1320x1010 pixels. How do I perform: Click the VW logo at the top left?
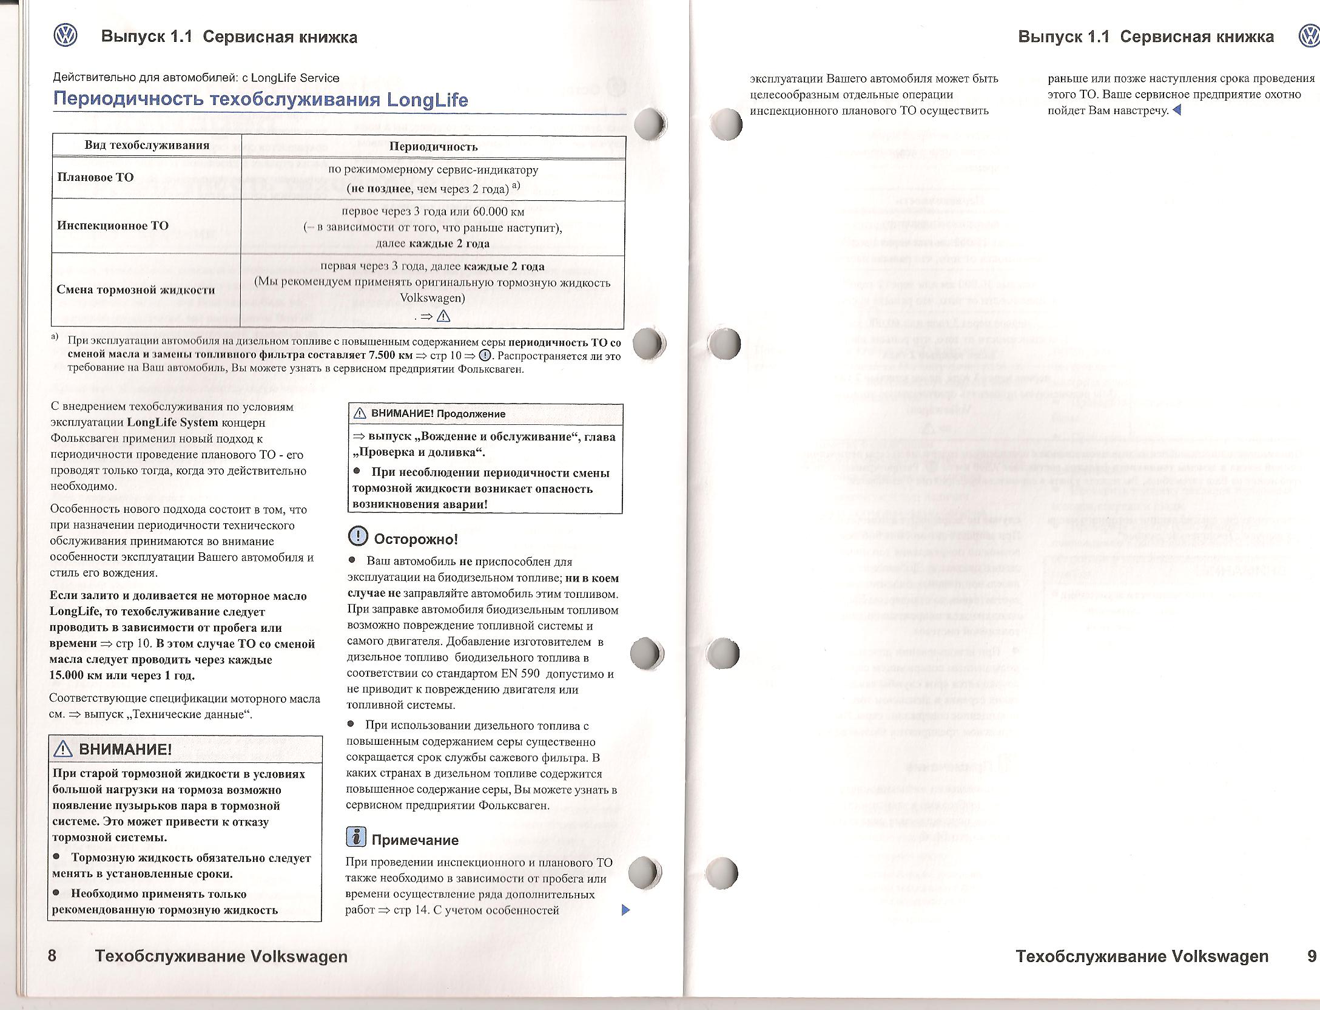[x=66, y=36]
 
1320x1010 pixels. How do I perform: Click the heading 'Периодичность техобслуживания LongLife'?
[x=261, y=100]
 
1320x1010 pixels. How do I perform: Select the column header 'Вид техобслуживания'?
[x=147, y=145]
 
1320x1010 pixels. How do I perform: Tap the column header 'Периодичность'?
[x=433, y=146]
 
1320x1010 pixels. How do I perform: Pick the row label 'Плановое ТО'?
[x=95, y=177]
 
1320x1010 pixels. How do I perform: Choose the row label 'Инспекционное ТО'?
[x=112, y=226]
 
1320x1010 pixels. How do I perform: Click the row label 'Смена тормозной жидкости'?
[x=136, y=290]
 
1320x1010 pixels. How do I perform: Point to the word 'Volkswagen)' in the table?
[x=433, y=298]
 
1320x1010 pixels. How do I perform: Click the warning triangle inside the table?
[x=443, y=316]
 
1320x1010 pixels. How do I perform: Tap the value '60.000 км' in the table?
[x=500, y=212]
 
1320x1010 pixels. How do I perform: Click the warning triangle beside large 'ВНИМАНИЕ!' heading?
[x=63, y=750]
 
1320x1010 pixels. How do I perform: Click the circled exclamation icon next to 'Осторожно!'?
[x=357, y=536]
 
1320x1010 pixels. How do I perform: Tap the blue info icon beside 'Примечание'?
[x=356, y=838]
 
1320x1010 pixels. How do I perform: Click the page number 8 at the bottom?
[x=52, y=956]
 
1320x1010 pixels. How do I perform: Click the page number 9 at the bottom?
[x=1312, y=956]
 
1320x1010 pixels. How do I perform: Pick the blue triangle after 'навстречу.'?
[x=1177, y=110]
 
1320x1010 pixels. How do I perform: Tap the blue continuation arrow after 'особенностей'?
[x=627, y=910]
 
